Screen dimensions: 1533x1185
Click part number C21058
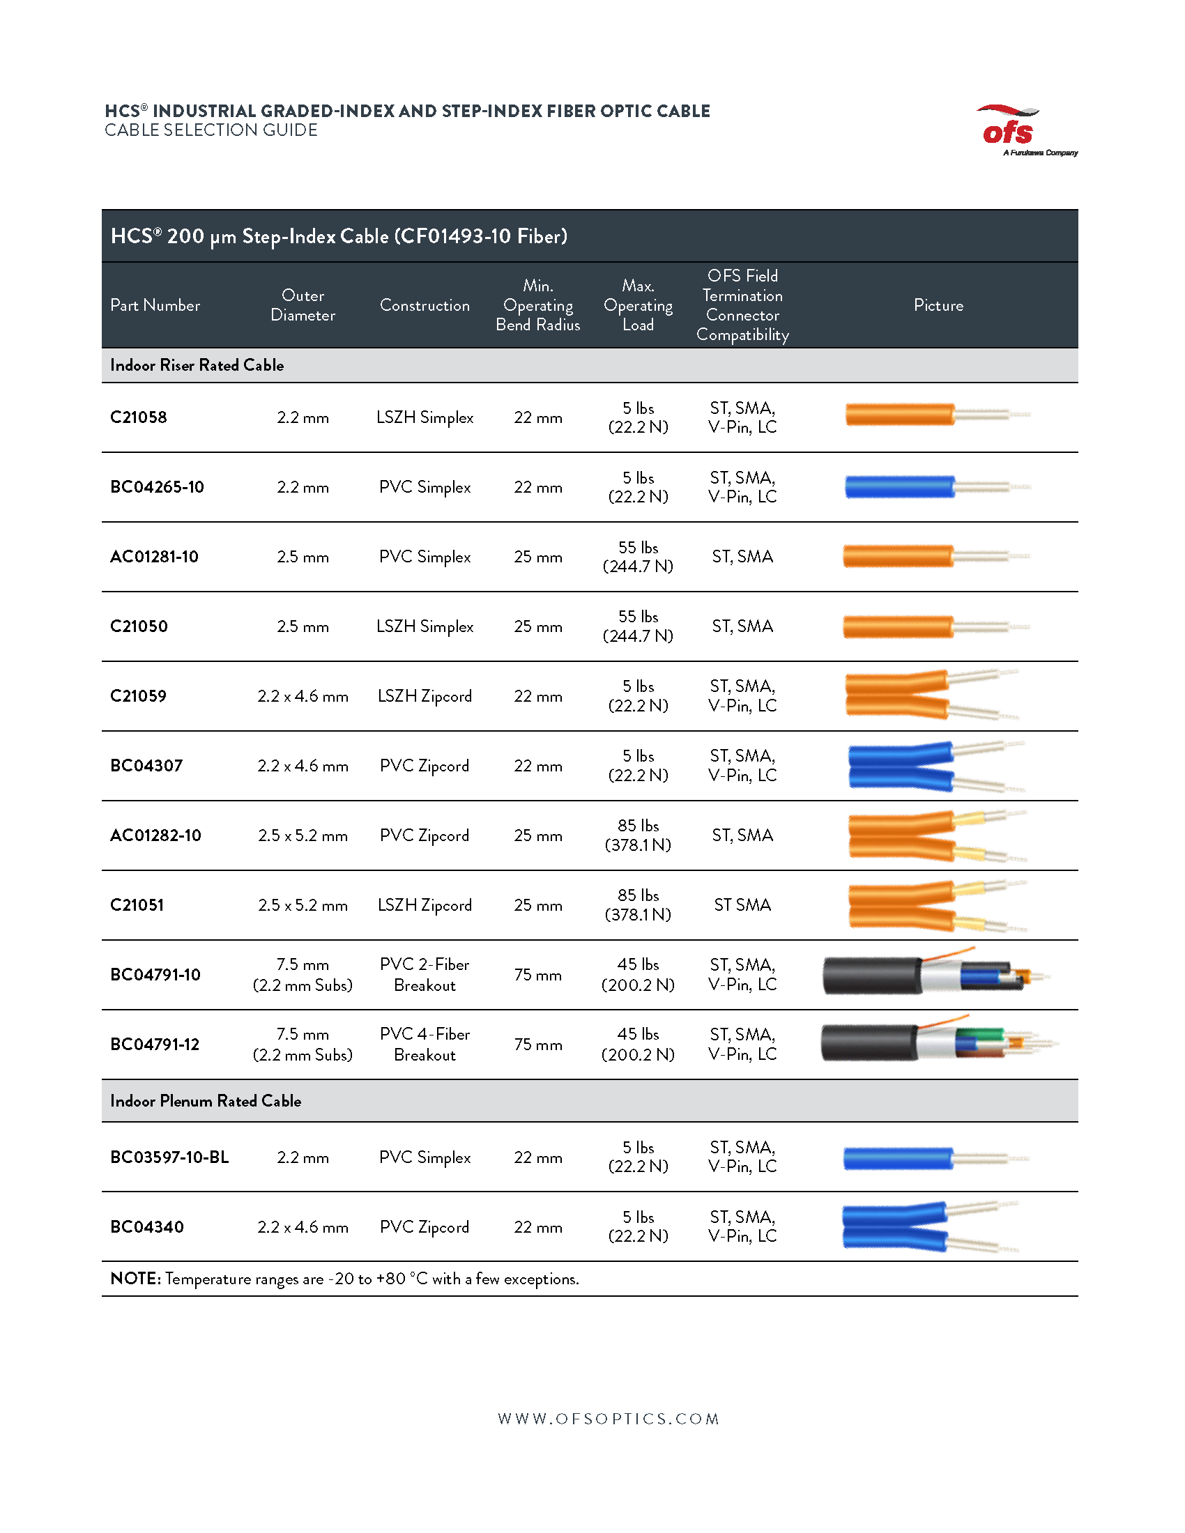tap(138, 417)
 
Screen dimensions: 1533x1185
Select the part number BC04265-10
tap(157, 487)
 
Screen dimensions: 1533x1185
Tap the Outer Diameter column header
tap(303, 305)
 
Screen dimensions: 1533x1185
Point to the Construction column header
tap(424, 305)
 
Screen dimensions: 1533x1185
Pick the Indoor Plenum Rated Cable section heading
tap(205, 1100)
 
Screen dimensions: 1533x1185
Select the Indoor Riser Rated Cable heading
tap(197, 365)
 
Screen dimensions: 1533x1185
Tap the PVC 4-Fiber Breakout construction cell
tap(424, 1045)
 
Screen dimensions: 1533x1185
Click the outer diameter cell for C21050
tap(303, 626)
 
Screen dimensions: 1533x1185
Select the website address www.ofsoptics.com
tap(608, 1419)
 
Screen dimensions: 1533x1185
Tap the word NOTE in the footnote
tap(135, 1278)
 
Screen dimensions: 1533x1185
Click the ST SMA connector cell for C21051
tap(742, 904)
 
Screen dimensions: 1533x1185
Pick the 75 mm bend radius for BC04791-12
tap(537, 1045)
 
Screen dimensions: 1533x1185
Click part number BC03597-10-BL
tap(169, 1157)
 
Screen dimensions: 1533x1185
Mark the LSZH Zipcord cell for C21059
tap(424, 696)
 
